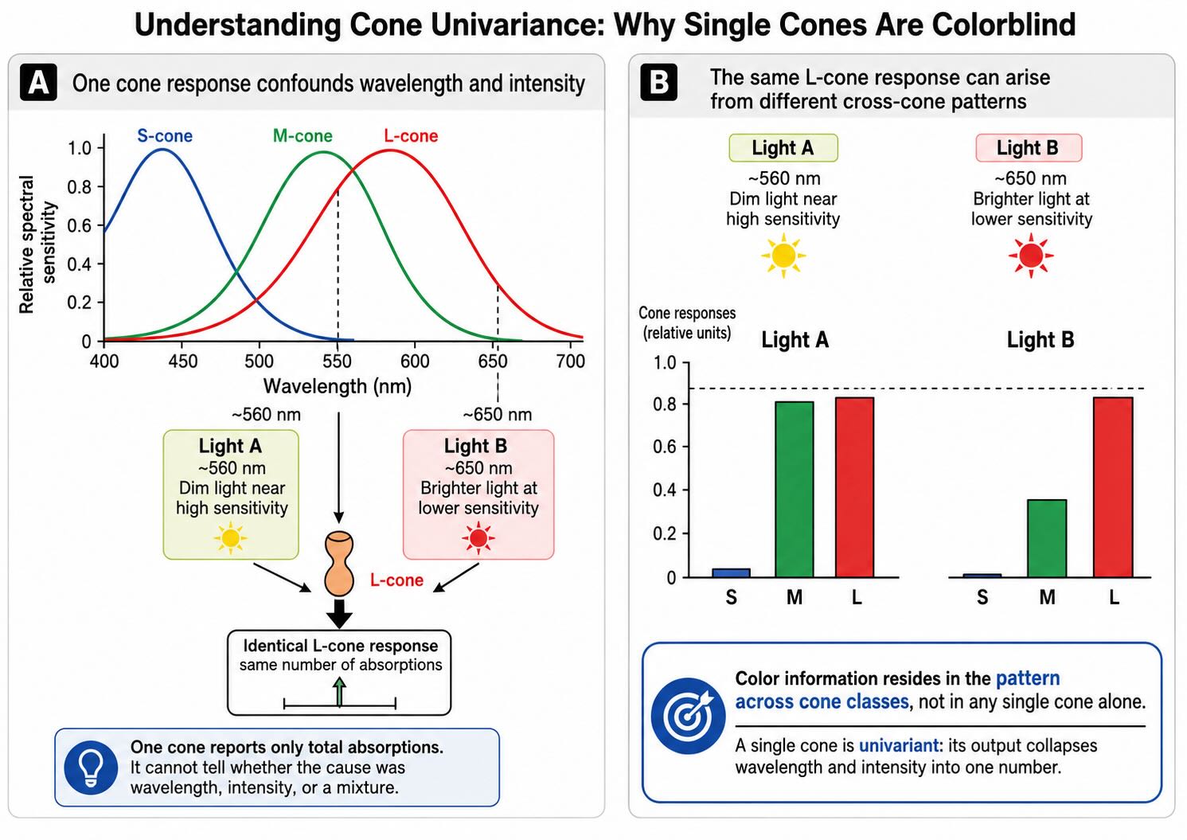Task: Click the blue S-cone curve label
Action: click(165, 135)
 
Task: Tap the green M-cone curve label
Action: click(303, 135)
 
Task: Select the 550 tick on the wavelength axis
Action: click(337, 361)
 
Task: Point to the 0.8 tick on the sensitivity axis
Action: click(79, 187)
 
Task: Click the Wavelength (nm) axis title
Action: click(338, 386)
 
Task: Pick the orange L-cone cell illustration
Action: click(338, 564)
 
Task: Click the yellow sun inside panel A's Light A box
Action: click(231, 538)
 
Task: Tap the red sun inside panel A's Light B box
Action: click(478, 538)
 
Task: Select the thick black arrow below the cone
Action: click(339, 614)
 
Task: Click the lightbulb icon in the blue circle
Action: click(91, 767)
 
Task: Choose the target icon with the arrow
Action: click(688, 716)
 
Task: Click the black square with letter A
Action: click(38, 83)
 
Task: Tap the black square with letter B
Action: click(658, 82)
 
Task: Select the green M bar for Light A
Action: click(794, 489)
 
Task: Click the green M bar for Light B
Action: click(1047, 538)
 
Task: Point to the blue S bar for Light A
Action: click(731, 572)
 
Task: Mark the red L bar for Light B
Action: click(1113, 487)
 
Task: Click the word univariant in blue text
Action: click(899, 745)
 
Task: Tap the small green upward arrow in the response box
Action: click(340, 692)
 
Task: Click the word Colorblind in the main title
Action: click(1004, 25)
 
